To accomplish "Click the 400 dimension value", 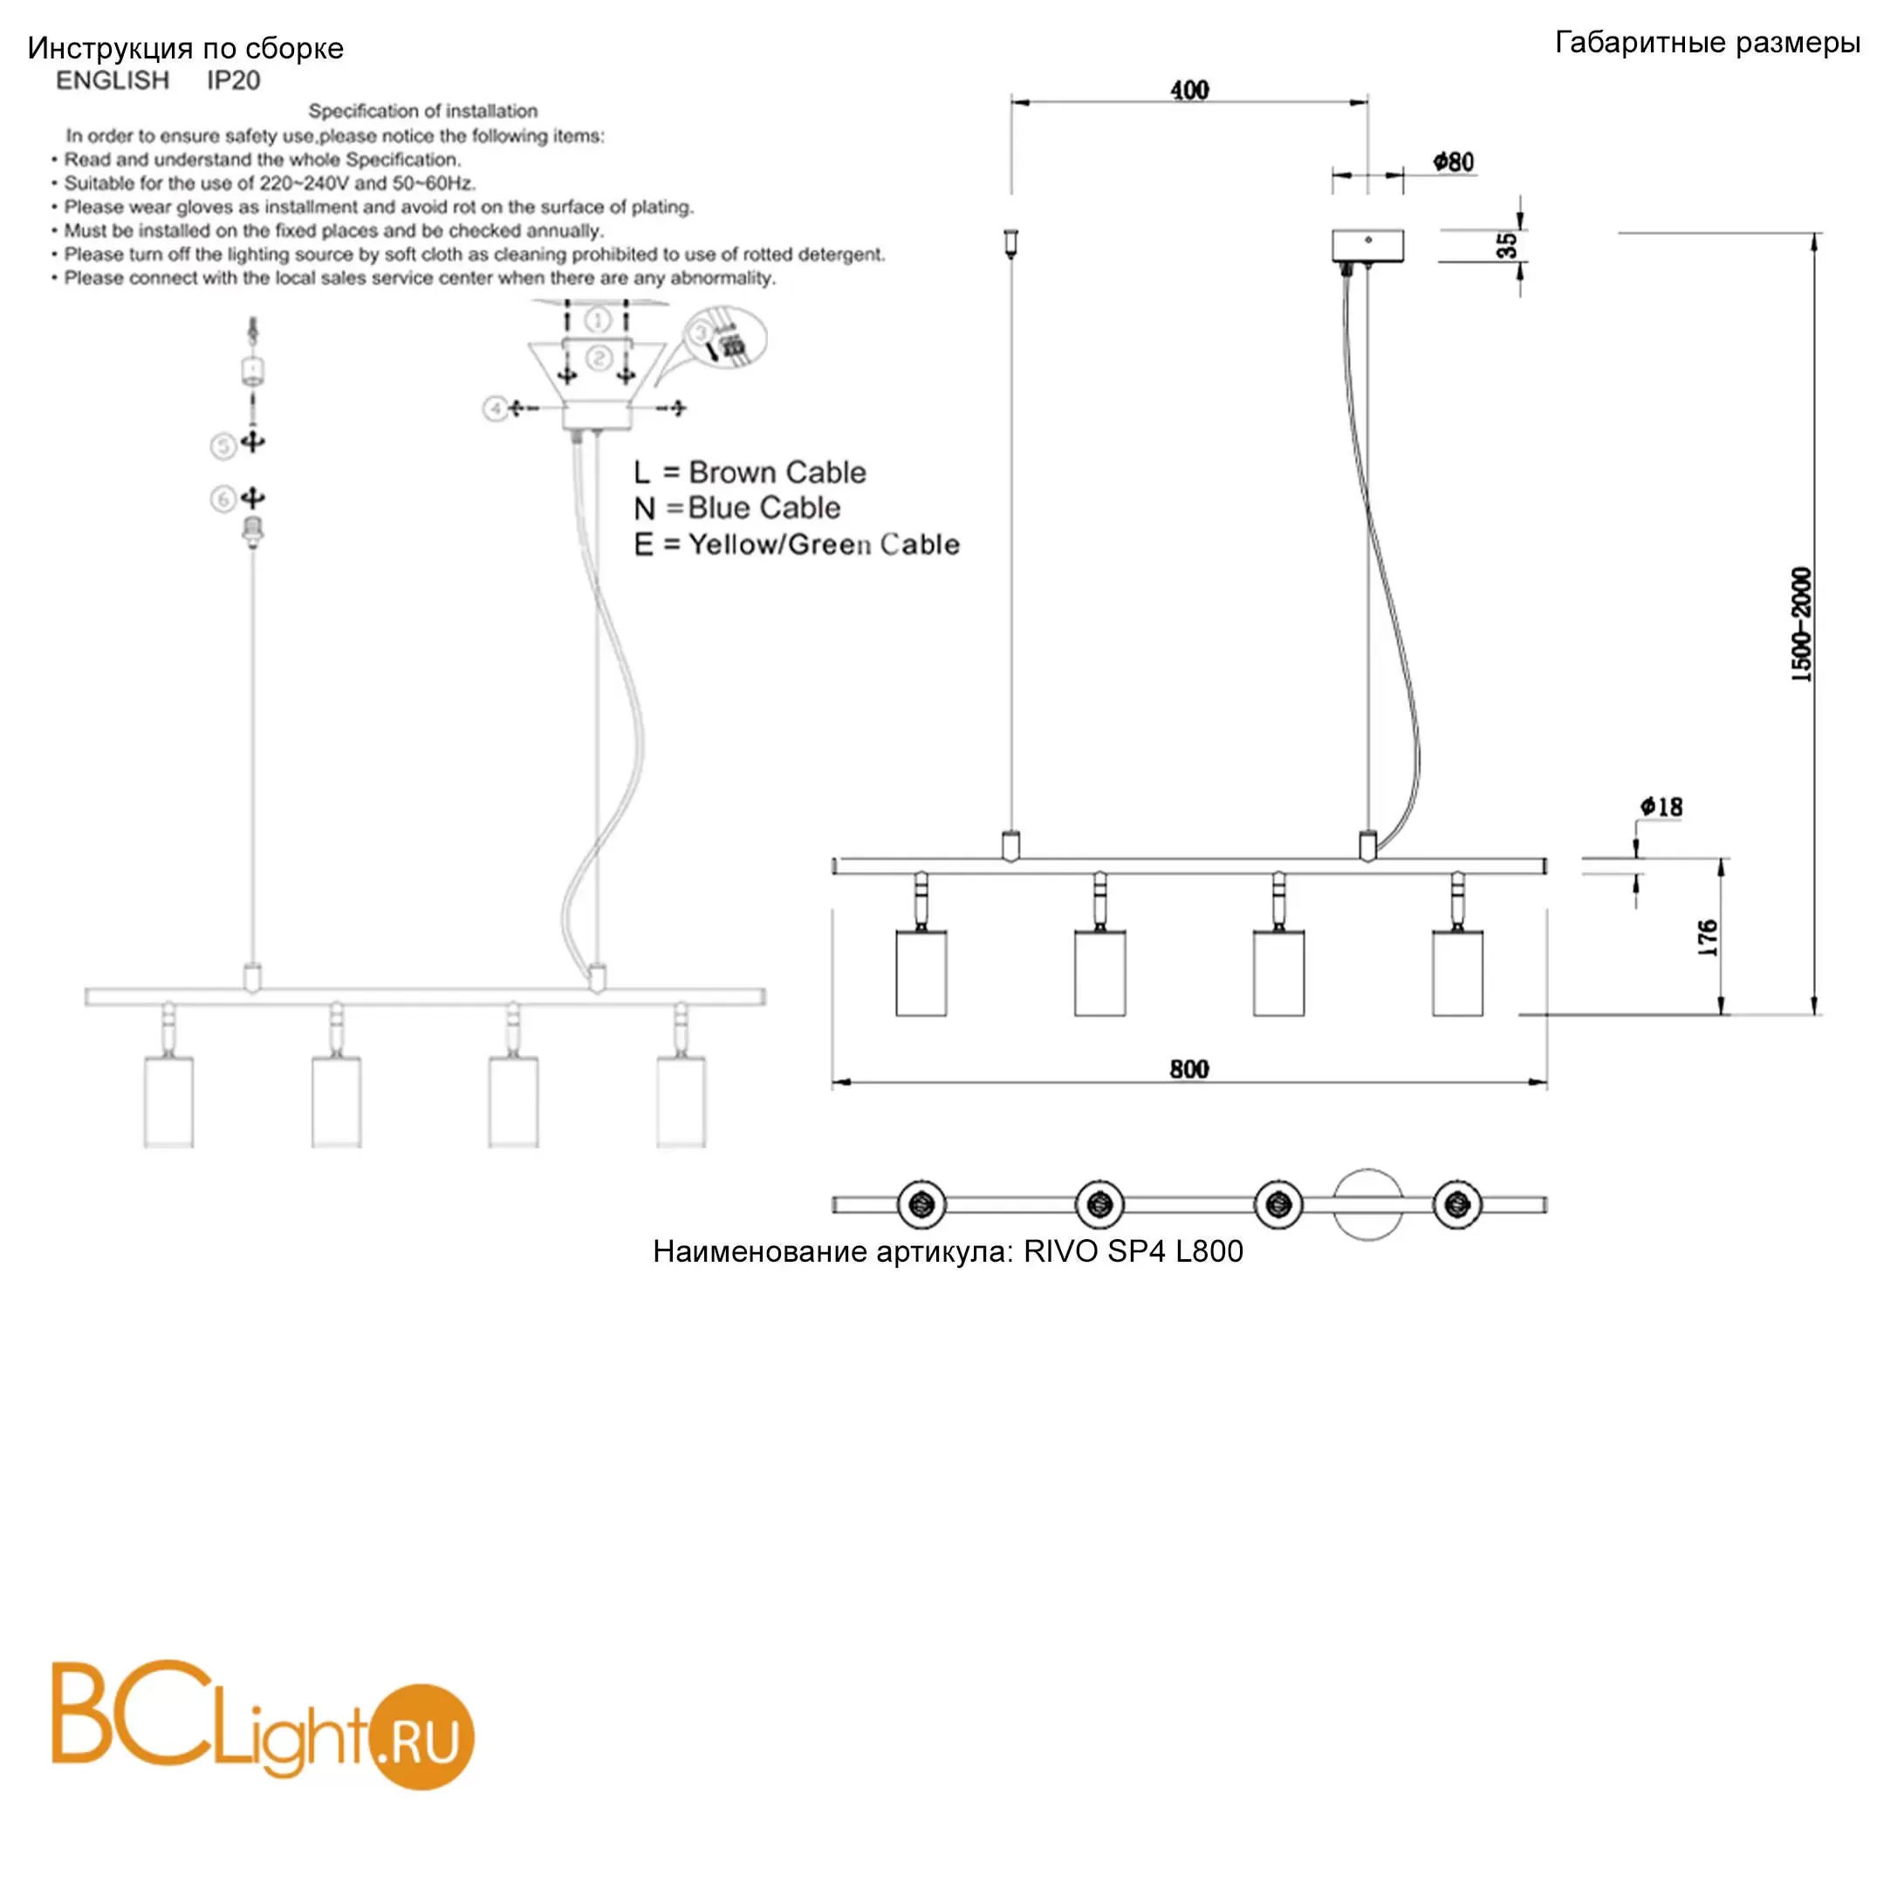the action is click(1189, 91).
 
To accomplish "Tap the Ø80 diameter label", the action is click(1453, 162).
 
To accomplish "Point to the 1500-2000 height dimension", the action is click(1801, 625).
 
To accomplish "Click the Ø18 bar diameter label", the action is click(1661, 807).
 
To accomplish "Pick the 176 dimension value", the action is click(1708, 939).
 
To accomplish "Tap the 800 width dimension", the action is click(1189, 1069).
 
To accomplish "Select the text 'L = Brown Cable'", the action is click(750, 472).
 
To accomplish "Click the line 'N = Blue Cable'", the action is click(737, 509).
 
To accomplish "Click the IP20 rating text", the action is click(234, 80).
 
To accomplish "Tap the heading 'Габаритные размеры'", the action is click(1708, 44).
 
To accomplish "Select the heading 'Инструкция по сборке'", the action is click(186, 49).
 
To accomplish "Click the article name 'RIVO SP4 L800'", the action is click(1133, 1251).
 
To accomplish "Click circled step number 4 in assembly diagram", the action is click(495, 407).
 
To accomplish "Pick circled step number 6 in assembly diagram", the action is click(223, 500).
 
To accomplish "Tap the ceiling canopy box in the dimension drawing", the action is click(1367, 245).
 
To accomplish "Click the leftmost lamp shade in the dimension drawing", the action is click(921, 973).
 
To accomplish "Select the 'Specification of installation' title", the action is click(423, 111).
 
